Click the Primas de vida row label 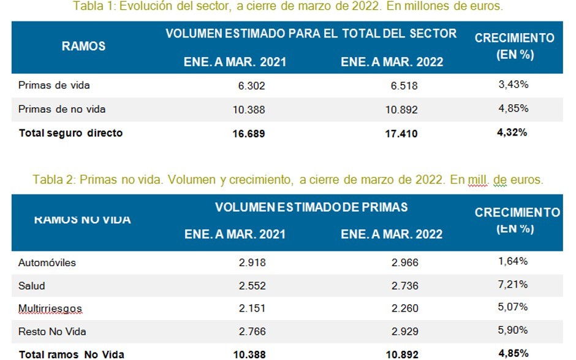pos(54,85)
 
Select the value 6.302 pos(251,86)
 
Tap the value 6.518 pos(404,86)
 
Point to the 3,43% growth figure pos(513,85)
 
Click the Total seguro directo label pos(70,132)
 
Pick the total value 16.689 pos(248,133)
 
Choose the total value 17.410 pos(401,133)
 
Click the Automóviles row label pos(47,262)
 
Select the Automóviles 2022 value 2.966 pos(404,262)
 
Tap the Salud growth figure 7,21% pos(513,285)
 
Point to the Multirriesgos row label pos(50,308)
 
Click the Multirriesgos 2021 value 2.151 pos(251,308)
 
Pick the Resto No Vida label pos(52,331)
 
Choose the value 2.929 pos(404,331)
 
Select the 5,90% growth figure pos(513,331)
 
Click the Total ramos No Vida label pos(72,354)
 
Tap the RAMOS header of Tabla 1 pos(83,46)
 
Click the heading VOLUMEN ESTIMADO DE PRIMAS pos(311,207)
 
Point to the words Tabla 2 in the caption pos(53,180)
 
